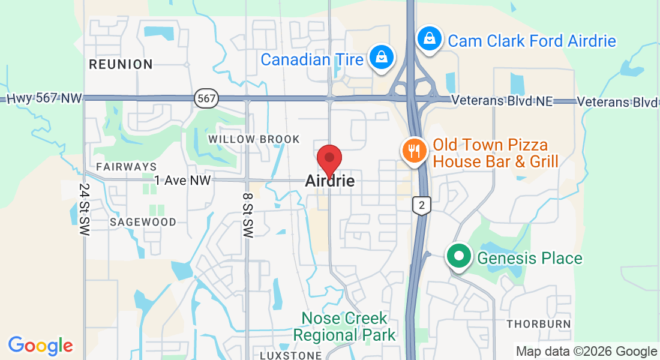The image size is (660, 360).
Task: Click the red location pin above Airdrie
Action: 329,158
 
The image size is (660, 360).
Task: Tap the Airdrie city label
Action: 329,180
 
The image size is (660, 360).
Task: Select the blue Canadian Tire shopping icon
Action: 381,58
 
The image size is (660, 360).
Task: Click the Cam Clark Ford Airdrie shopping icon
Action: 430,38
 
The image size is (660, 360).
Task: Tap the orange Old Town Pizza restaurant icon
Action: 414,151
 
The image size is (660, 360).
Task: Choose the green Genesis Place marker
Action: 459,257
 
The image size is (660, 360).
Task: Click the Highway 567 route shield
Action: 206,99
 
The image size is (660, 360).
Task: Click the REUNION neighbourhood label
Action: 121,64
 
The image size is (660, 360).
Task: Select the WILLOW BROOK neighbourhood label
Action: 254,139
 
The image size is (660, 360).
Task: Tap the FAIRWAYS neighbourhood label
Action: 127,166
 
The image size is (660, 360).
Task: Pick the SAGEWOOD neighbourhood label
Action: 143,222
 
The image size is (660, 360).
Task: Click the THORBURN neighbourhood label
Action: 538,324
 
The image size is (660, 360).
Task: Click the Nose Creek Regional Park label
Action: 344,326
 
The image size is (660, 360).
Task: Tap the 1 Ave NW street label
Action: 183,180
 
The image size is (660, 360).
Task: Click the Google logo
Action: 40,346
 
